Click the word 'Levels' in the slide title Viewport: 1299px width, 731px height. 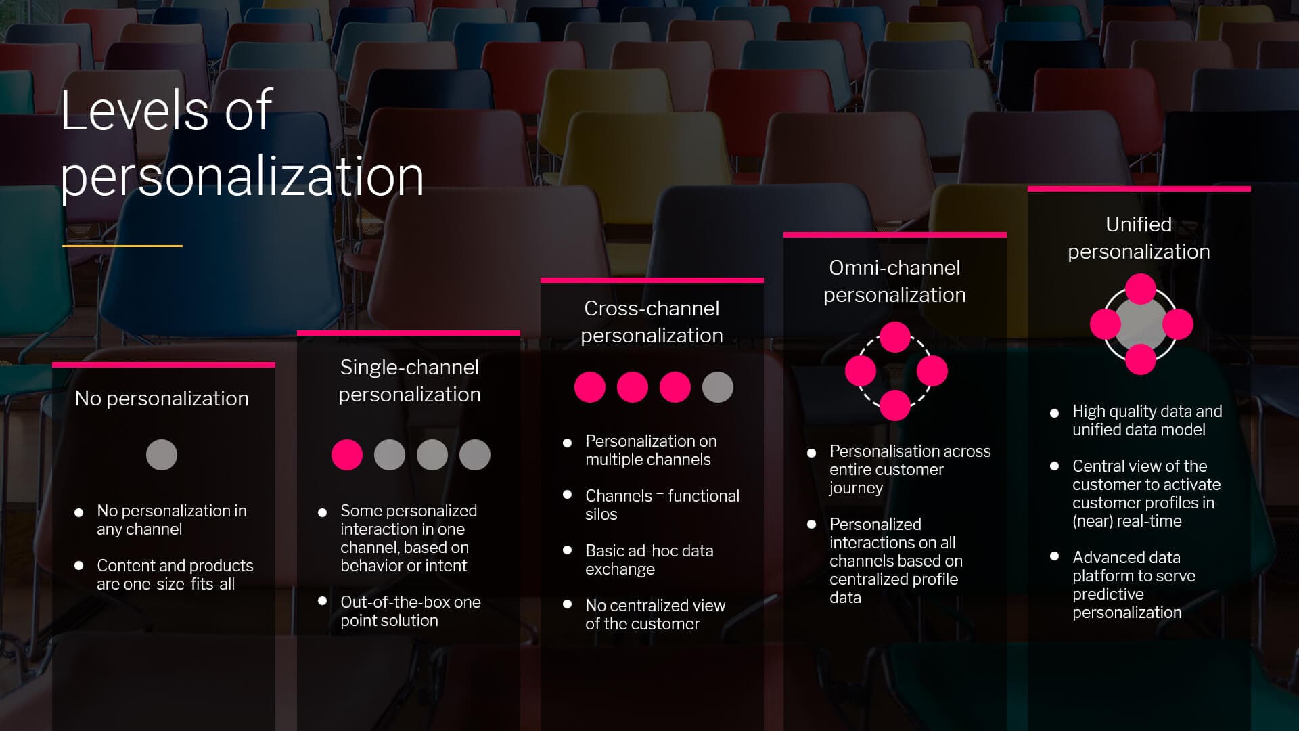click(134, 110)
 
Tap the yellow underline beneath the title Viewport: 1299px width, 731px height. click(122, 246)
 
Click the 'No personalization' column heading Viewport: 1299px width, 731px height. click(162, 399)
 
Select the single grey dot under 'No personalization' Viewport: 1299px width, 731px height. click(162, 455)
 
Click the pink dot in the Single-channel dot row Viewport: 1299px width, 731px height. click(347, 455)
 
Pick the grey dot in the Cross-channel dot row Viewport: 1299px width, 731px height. click(718, 387)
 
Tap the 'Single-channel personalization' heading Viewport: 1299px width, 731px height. click(409, 380)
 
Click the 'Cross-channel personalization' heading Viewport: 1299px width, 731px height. click(652, 322)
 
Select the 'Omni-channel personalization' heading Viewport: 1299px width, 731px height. click(894, 281)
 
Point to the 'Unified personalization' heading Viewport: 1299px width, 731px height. click(1139, 238)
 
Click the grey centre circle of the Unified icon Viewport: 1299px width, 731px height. click(1141, 324)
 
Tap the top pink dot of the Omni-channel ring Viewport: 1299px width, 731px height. click(894, 337)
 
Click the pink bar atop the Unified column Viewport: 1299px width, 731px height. click(1139, 189)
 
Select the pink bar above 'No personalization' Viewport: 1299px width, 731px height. click(164, 365)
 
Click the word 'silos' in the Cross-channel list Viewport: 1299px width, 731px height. click(601, 514)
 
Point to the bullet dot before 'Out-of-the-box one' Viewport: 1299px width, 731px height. click(323, 601)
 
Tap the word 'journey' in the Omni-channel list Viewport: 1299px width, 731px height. click(856, 488)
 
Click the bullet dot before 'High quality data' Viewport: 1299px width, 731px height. click(1054, 413)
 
